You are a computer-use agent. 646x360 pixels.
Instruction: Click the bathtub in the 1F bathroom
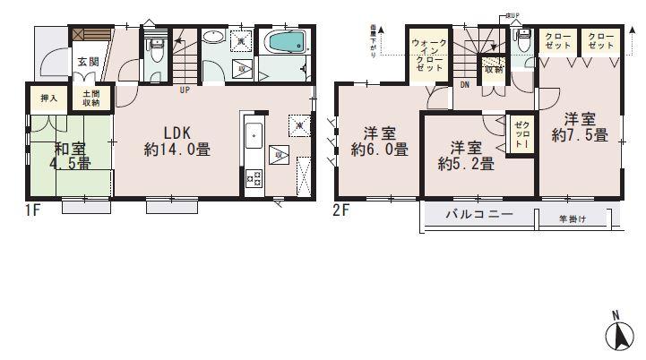(286, 42)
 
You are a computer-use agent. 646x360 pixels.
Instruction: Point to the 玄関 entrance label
(87, 63)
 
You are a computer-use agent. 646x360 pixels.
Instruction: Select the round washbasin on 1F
(213, 38)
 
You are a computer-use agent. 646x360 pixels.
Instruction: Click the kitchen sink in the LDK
(253, 137)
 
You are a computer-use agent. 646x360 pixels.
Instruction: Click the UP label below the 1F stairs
(184, 90)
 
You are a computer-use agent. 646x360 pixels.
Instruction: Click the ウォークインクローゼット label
(426, 56)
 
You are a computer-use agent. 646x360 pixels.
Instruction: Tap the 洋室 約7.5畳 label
(580, 127)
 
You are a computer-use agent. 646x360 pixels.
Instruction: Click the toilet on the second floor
(524, 40)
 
